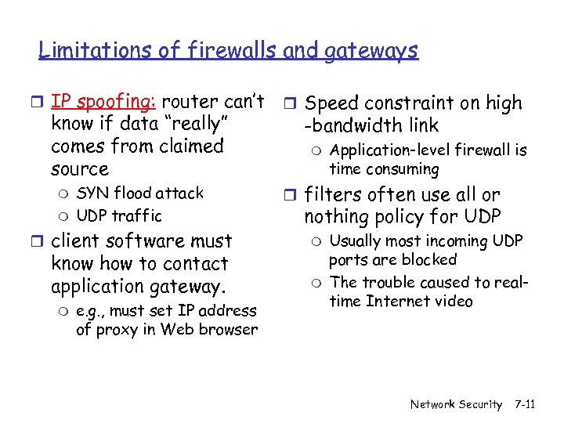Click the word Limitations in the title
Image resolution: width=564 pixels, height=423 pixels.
point(84,51)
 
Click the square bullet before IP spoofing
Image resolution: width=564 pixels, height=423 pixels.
point(39,102)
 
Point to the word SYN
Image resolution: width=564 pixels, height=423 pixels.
point(92,193)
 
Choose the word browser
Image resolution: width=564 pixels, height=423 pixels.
point(229,329)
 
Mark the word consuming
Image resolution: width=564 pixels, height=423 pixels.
point(403,168)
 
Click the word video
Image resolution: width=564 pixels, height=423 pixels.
point(454,301)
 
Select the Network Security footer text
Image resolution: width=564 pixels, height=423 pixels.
point(456,404)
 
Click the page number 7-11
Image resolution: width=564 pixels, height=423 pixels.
point(525,404)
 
